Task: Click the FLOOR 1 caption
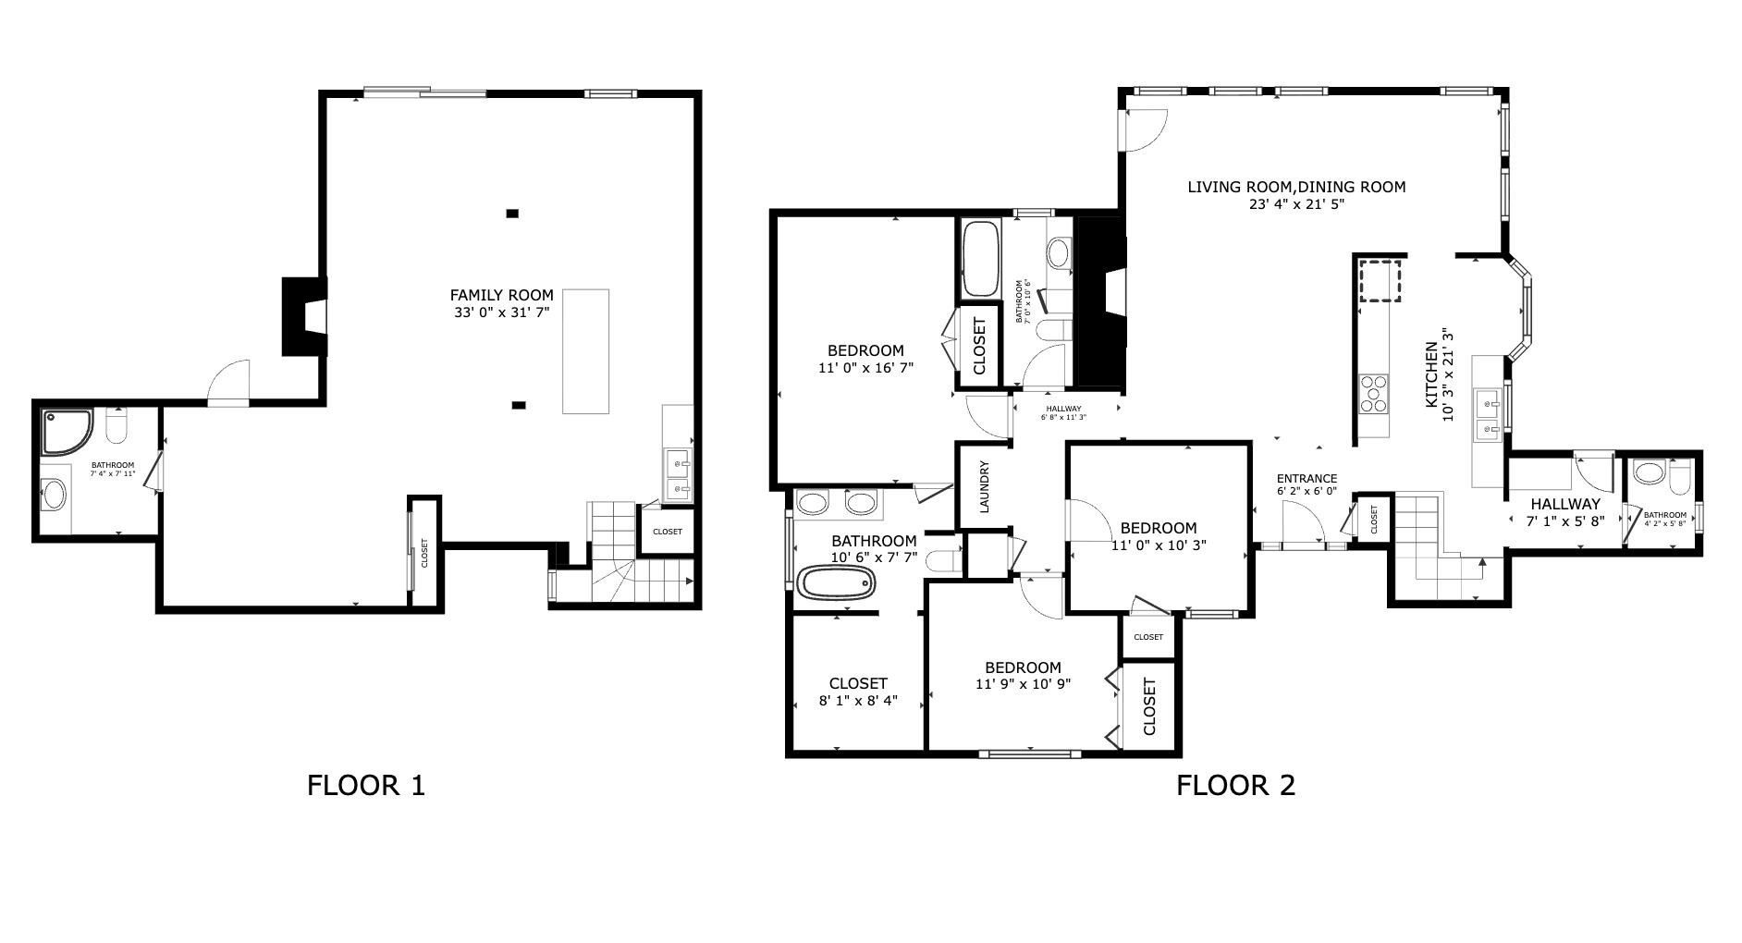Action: point(365,786)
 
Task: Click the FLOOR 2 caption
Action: point(1235,786)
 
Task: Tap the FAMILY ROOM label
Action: point(501,296)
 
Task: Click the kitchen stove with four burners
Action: point(1373,392)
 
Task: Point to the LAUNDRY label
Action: point(985,487)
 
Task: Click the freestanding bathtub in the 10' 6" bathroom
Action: point(835,584)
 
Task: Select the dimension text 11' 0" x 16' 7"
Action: point(865,368)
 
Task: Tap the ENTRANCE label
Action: point(1306,478)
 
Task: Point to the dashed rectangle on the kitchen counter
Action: point(1380,281)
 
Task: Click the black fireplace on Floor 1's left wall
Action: point(303,316)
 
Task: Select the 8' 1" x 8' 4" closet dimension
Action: point(857,701)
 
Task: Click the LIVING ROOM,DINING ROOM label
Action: point(1296,188)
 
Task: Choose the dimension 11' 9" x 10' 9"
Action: point(1023,685)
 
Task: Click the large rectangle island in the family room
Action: point(586,351)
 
